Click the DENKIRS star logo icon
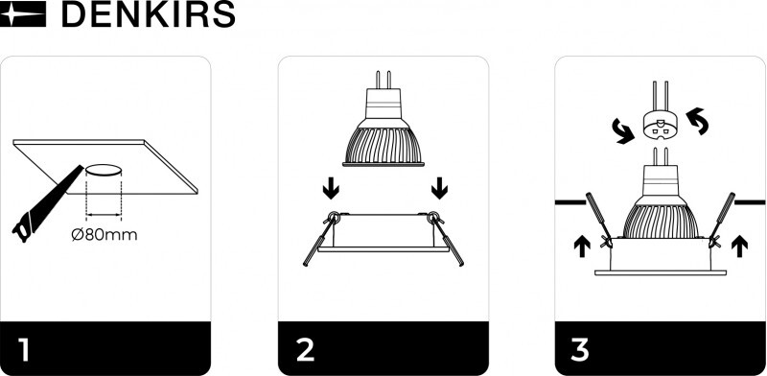click(x=23, y=13)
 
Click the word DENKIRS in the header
click(x=149, y=14)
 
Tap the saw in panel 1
click(x=46, y=203)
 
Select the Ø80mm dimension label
click(x=105, y=234)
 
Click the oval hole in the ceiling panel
click(x=104, y=171)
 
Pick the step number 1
click(x=23, y=349)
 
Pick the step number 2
click(x=305, y=349)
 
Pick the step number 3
click(x=580, y=349)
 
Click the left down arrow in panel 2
click(x=331, y=188)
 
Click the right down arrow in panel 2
click(x=439, y=188)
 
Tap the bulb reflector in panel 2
click(x=383, y=145)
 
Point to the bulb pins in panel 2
click(x=383, y=80)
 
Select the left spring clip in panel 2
click(x=321, y=238)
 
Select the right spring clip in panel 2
click(x=445, y=238)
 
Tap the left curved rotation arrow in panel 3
click(x=623, y=132)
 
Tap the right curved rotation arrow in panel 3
click(x=697, y=121)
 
